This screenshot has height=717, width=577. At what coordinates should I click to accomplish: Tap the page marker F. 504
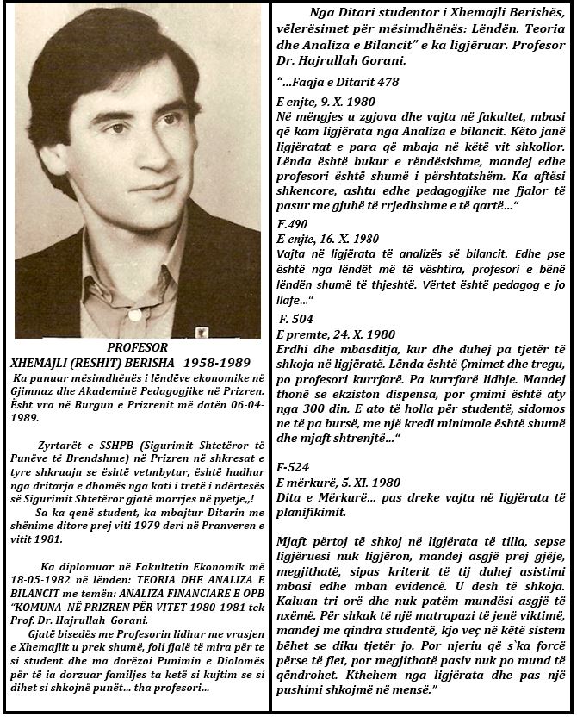[x=297, y=319]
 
